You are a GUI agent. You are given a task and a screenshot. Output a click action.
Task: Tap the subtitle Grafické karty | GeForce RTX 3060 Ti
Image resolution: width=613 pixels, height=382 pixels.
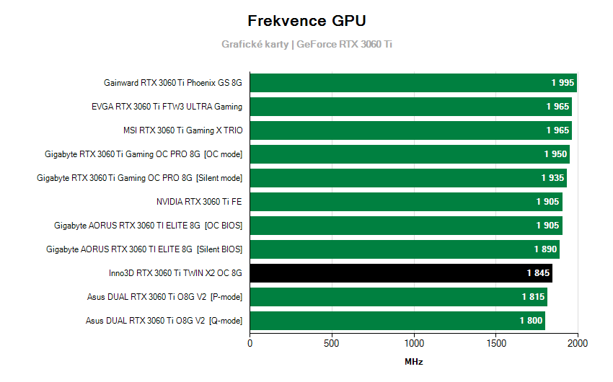click(306, 44)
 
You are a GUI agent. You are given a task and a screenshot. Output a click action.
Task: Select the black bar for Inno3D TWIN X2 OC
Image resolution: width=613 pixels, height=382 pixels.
click(400, 273)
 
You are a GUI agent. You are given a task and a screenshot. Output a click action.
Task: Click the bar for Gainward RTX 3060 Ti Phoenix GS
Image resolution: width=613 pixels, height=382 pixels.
click(413, 83)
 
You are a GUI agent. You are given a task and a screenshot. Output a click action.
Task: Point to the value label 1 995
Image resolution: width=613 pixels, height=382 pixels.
click(563, 83)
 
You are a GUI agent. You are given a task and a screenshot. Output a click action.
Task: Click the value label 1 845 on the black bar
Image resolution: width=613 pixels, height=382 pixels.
click(538, 273)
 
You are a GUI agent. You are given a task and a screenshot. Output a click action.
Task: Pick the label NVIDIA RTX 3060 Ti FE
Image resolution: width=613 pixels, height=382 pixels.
click(199, 202)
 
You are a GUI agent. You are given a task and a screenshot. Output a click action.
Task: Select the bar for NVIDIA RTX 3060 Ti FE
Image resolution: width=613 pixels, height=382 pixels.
click(405, 202)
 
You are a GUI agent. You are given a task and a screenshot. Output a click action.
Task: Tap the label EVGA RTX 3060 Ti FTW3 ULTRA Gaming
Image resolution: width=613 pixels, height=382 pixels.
click(167, 107)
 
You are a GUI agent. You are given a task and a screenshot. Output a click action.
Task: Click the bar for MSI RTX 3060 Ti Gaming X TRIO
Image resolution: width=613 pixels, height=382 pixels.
click(410, 130)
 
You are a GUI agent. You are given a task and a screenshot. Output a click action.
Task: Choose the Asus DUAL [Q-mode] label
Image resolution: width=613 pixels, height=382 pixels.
click(164, 321)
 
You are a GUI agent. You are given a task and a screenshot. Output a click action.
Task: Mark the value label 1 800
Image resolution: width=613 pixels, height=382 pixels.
click(531, 321)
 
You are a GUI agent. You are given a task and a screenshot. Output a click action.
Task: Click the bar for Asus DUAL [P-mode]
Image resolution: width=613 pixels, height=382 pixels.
click(398, 297)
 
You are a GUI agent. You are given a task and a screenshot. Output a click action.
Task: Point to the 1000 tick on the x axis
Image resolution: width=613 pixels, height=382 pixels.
click(414, 344)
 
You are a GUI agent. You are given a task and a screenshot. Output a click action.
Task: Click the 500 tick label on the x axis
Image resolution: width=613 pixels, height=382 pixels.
click(332, 344)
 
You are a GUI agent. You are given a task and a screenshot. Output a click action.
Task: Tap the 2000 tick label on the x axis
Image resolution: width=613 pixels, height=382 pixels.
click(578, 344)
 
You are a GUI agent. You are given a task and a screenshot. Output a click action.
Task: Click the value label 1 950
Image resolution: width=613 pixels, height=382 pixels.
click(555, 154)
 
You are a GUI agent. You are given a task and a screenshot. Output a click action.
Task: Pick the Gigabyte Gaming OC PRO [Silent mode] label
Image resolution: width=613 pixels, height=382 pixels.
click(139, 178)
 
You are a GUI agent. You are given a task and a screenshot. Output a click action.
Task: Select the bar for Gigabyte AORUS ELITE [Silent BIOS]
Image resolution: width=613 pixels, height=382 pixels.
click(404, 249)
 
